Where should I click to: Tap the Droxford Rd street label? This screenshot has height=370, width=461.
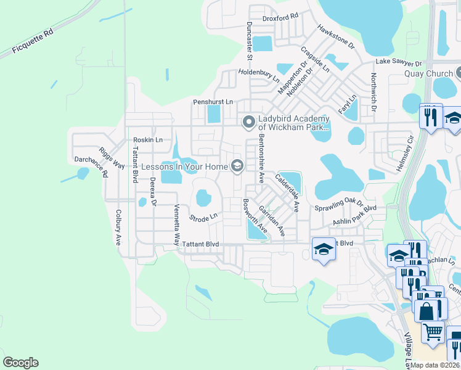point(280,17)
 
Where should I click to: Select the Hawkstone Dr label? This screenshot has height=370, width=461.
point(337,37)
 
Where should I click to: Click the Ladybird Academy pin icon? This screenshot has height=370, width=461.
point(249,122)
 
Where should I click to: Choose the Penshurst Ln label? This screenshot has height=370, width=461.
point(213,101)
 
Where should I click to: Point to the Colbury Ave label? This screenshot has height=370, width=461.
point(118,228)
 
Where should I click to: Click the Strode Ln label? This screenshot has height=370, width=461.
point(203,217)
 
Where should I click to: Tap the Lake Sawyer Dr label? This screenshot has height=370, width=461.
point(399,62)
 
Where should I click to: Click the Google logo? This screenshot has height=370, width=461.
point(20,363)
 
